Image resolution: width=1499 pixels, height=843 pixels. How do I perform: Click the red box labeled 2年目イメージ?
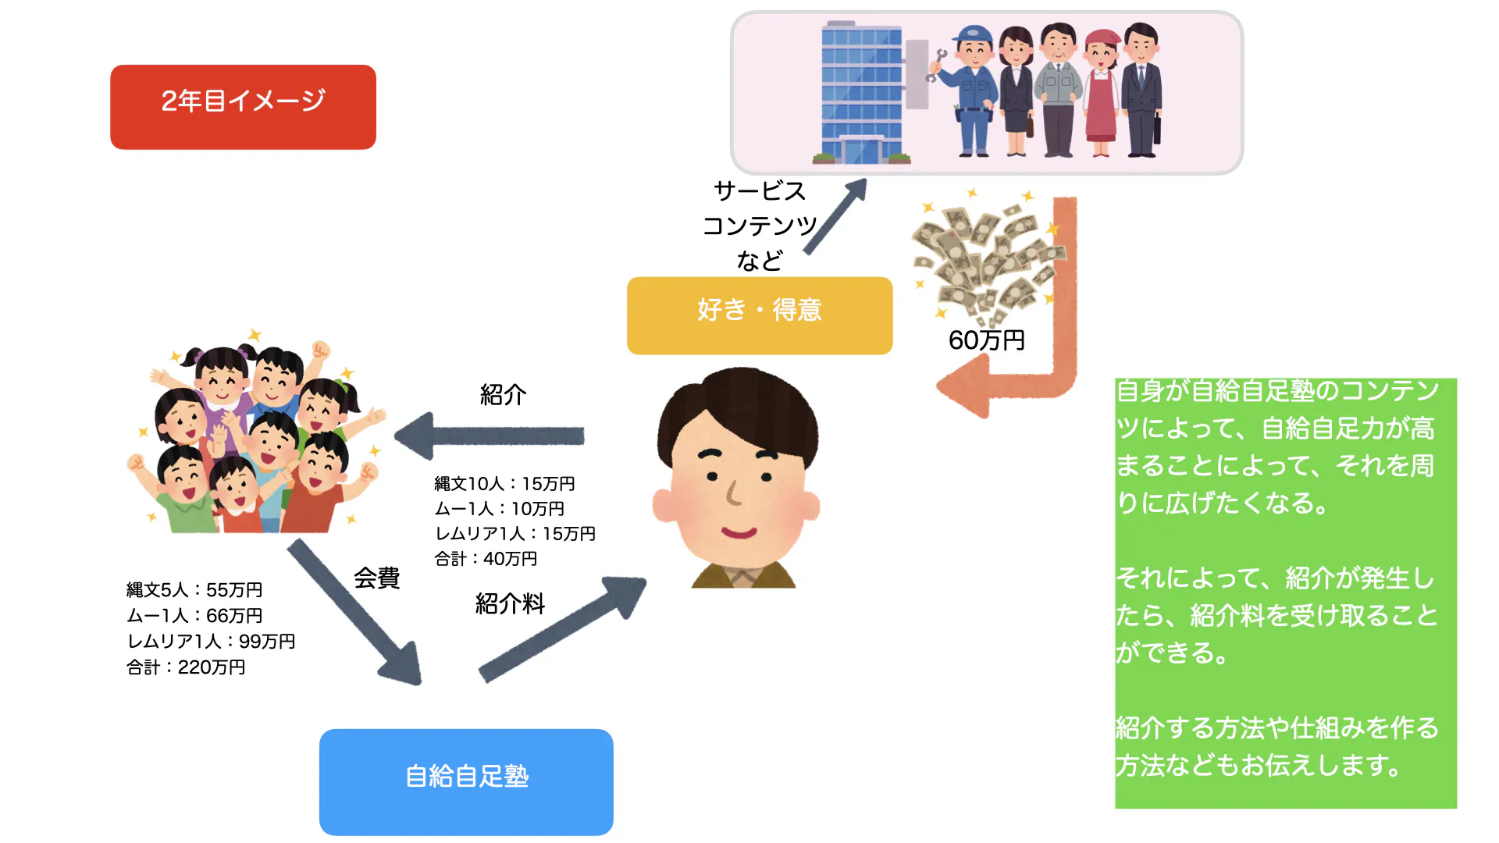(243, 107)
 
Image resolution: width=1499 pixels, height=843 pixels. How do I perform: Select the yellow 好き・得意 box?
(759, 315)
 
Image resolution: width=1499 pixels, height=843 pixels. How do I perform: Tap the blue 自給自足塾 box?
(466, 781)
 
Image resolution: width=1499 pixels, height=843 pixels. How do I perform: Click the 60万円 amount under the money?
(986, 340)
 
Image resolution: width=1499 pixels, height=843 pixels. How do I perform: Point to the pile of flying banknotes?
(988, 258)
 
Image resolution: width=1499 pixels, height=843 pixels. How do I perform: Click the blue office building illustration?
(861, 92)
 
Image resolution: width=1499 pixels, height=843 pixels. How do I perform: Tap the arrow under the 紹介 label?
(490, 436)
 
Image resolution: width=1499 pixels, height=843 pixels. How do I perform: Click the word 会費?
(376, 578)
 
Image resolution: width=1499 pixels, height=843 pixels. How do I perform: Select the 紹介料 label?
(510, 603)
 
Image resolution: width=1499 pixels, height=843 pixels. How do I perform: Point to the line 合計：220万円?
(186, 667)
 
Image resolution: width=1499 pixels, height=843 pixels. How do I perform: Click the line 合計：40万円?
(486, 559)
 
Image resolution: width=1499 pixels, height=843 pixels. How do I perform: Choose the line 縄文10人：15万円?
(504, 484)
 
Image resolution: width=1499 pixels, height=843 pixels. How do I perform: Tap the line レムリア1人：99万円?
(211, 642)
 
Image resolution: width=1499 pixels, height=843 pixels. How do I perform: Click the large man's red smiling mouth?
(739, 533)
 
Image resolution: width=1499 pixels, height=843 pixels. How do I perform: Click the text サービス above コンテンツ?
(759, 191)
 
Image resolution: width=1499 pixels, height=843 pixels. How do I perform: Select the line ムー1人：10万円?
(499, 509)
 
